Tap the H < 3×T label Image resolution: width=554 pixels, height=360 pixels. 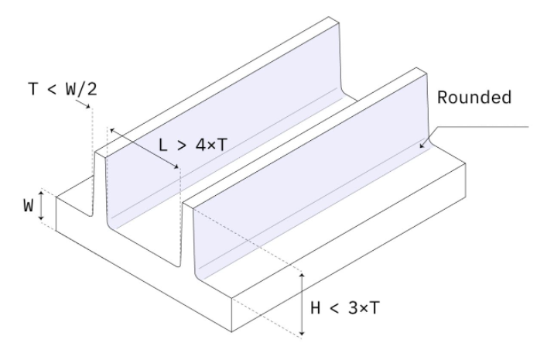(344, 307)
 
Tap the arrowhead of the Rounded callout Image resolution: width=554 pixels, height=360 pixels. (422, 144)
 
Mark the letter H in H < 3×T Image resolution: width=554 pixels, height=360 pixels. (315, 307)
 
